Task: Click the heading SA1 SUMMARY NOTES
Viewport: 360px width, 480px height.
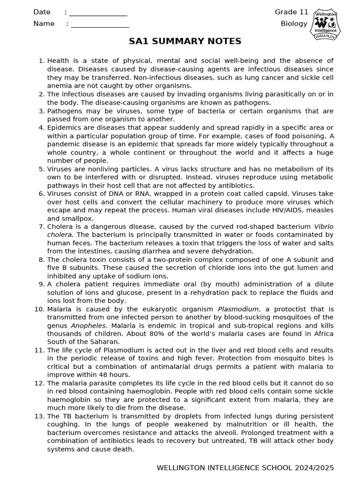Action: [185, 41]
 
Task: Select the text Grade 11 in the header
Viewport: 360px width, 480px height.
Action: [292, 12]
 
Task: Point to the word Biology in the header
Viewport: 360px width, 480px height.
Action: [294, 23]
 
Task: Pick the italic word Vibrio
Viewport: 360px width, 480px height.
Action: [323, 226]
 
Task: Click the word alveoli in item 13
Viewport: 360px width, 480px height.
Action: [184, 433]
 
